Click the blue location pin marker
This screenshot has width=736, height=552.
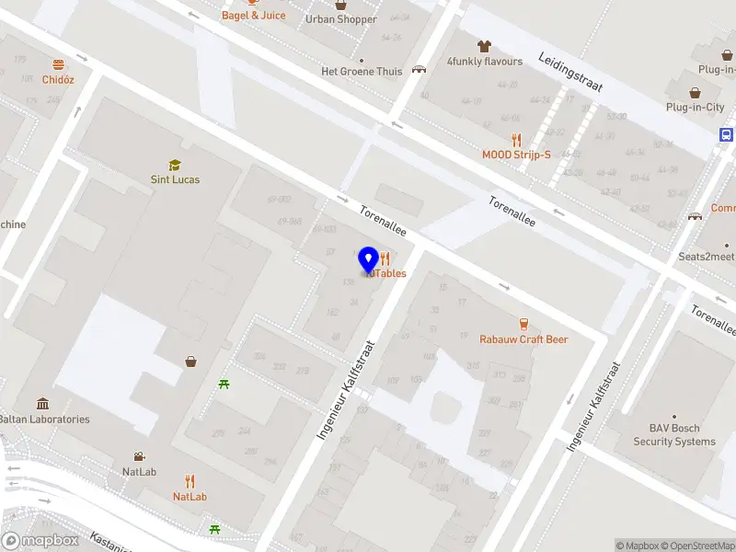pyautogui.click(x=368, y=260)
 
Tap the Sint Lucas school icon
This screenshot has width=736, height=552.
pyautogui.click(x=175, y=165)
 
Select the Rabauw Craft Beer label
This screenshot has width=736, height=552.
pyautogui.click(x=523, y=339)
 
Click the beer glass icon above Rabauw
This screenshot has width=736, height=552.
pyautogui.click(x=523, y=324)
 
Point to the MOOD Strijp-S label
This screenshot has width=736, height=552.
pyautogui.click(x=516, y=155)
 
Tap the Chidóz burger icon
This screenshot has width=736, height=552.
pyautogui.click(x=58, y=64)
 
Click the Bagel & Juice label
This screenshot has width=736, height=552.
pyautogui.click(x=253, y=16)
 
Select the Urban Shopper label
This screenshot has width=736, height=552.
pyautogui.click(x=340, y=19)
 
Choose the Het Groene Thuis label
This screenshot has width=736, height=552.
pyautogui.click(x=362, y=72)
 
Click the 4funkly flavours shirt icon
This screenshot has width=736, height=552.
pyautogui.click(x=484, y=45)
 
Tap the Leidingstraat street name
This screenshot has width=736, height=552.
pyautogui.click(x=570, y=71)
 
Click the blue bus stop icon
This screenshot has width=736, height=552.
pyautogui.click(x=727, y=134)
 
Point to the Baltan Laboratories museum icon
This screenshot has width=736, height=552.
pyautogui.click(x=43, y=404)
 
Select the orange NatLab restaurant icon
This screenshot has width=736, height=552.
pyautogui.click(x=190, y=481)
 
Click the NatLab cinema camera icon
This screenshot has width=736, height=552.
pyautogui.click(x=138, y=456)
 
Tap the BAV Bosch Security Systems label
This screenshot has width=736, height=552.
pyautogui.click(x=673, y=435)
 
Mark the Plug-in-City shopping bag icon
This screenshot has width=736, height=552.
pyautogui.click(x=696, y=92)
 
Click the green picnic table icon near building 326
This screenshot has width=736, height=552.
pyautogui.click(x=224, y=384)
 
